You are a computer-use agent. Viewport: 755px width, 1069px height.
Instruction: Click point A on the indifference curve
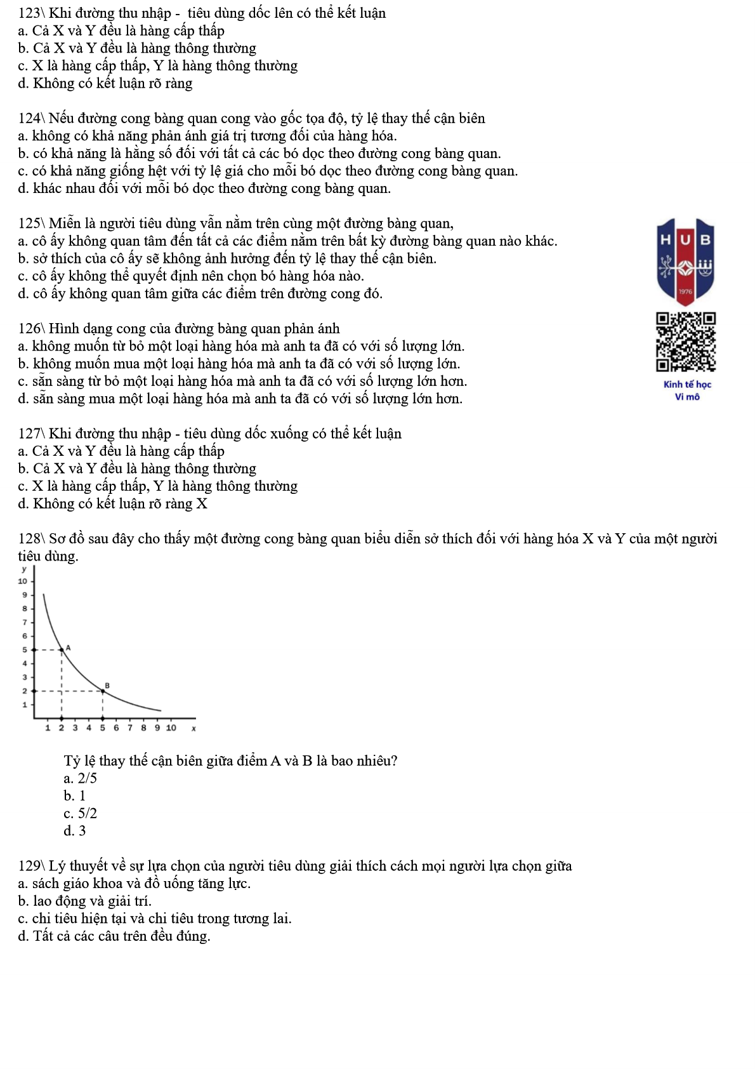[x=62, y=649]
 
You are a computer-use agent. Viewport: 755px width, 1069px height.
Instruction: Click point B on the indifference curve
[x=103, y=691]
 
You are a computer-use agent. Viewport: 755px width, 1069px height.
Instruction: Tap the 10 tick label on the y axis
[x=23, y=581]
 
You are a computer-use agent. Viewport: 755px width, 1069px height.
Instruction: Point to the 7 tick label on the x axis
[x=130, y=728]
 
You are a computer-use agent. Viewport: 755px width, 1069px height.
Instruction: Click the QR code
[x=686, y=342]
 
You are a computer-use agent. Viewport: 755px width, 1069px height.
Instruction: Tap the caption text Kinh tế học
[x=687, y=384]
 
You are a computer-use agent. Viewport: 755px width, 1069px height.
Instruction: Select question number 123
[x=29, y=13]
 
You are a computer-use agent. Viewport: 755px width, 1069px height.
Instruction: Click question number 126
[x=29, y=329]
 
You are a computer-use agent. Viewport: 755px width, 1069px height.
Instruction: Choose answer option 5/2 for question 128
[x=81, y=814]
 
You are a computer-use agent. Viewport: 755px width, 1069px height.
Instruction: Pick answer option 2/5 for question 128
[x=81, y=779]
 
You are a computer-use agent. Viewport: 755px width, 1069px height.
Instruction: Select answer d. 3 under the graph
[x=75, y=831]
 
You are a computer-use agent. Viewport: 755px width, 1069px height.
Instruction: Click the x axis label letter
[x=194, y=729]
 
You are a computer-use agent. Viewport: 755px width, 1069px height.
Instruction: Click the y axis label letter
[x=24, y=569]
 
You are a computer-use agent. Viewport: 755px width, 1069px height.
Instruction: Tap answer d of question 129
[x=114, y=936]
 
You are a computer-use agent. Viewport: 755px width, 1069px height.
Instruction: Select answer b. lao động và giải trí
[x=85, y=901]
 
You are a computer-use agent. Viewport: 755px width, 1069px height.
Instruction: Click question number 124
[x=29, y=119]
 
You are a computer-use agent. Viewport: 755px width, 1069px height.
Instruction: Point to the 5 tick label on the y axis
[x=25, y=649]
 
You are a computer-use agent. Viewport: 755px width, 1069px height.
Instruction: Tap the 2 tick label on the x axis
[x=62, y=728]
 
